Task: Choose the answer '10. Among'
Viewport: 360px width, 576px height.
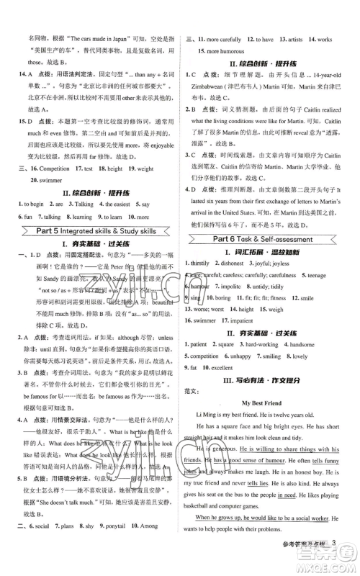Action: [x=154, y=546]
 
